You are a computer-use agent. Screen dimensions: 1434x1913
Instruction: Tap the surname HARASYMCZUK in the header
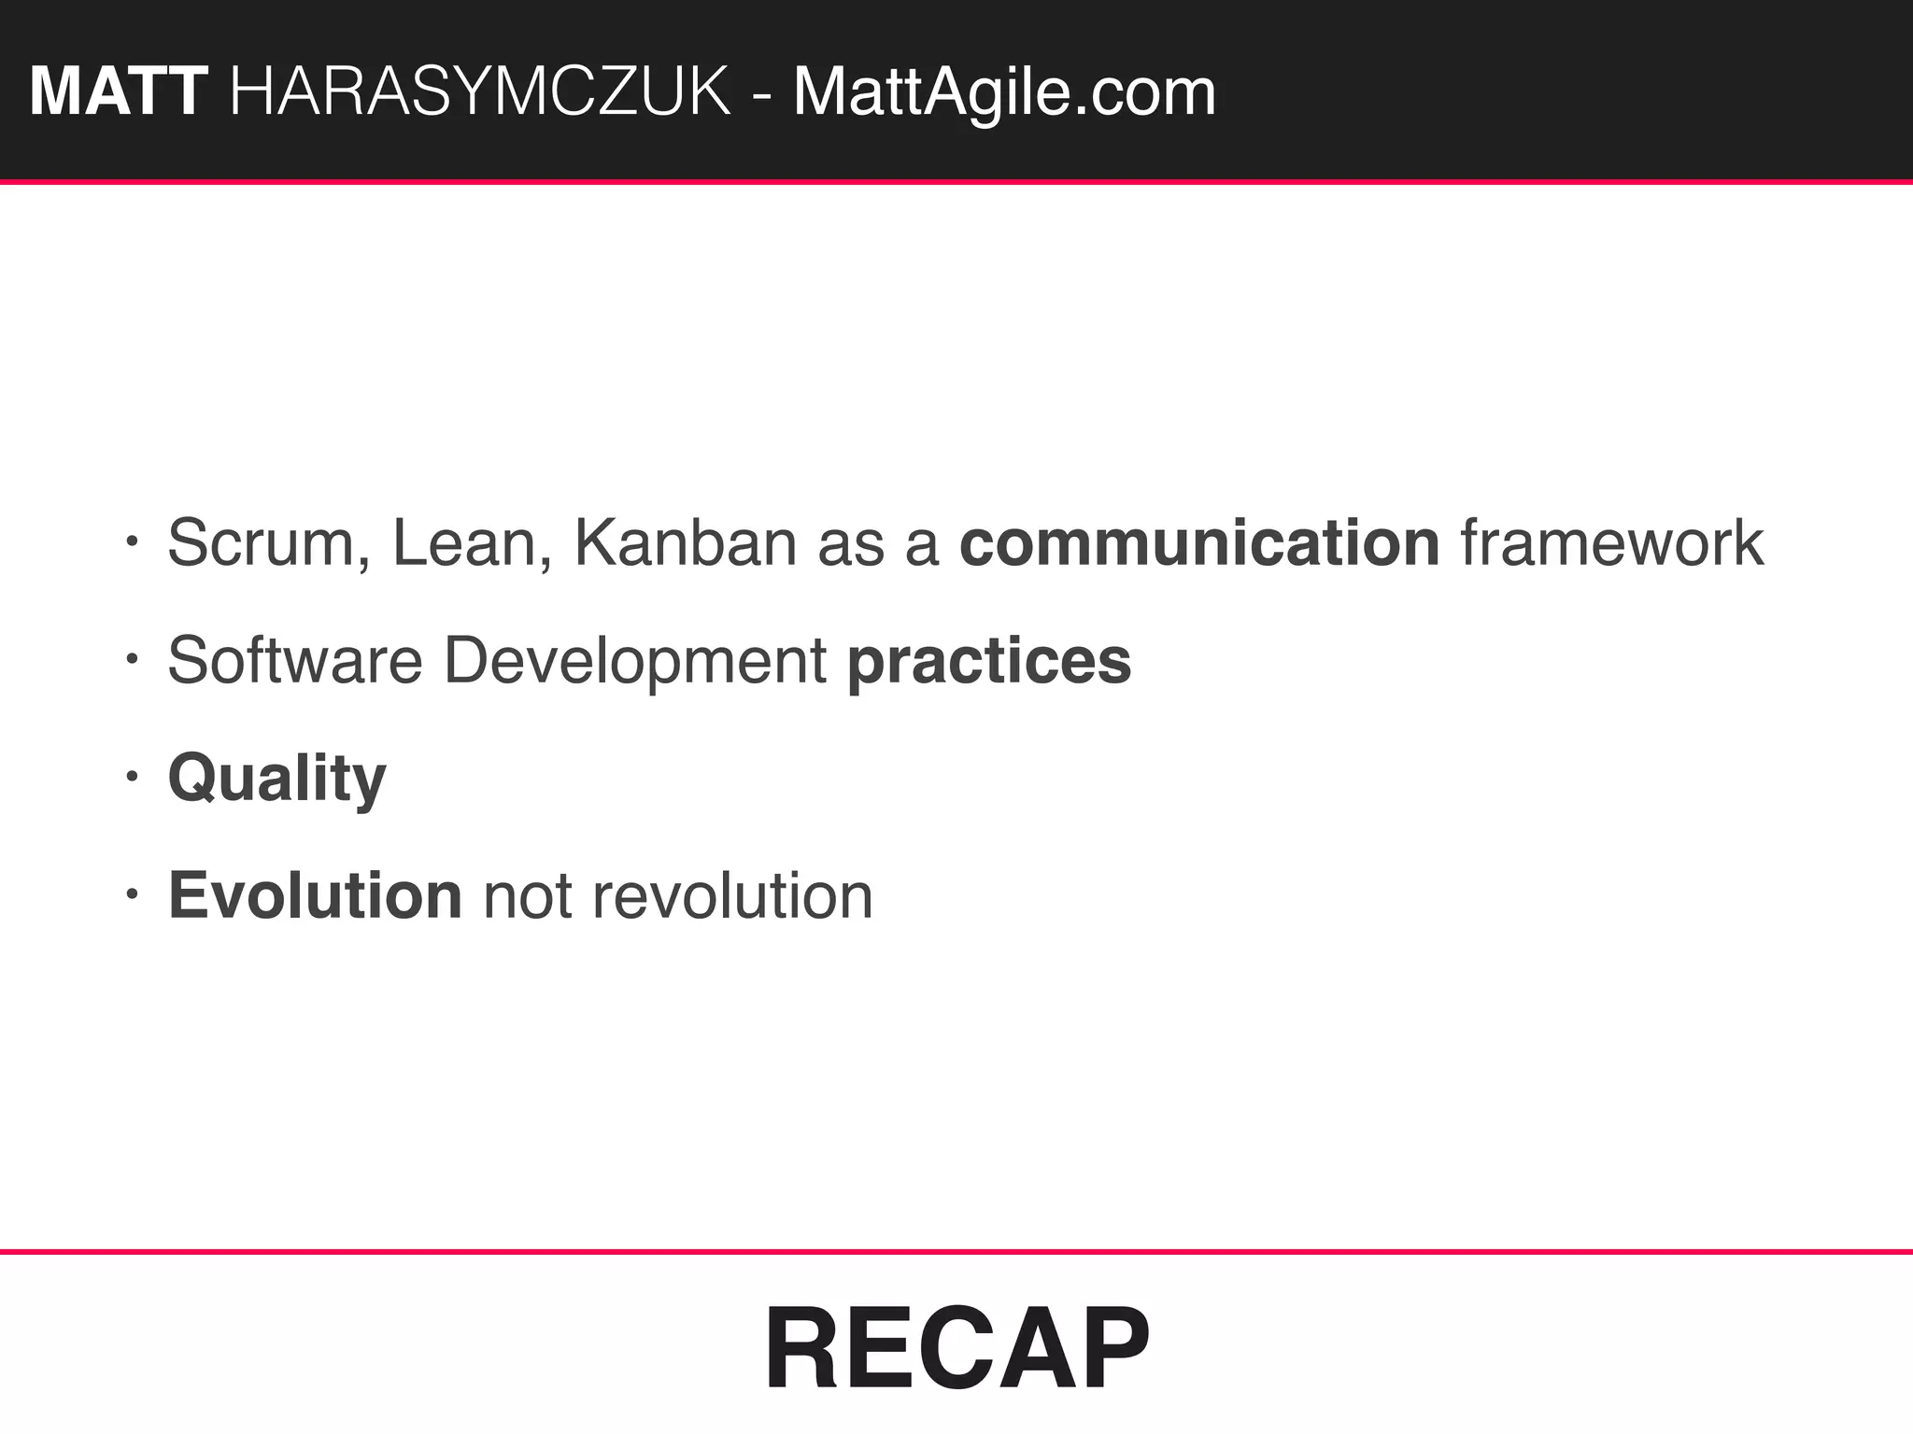(480, 92)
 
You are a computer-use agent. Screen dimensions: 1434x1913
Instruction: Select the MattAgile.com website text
(1004, 92)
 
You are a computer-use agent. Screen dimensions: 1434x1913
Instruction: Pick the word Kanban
(684, 543)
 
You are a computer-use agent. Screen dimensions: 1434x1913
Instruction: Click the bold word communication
(1199, 543)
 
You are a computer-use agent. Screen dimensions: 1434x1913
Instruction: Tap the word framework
(1612, 543)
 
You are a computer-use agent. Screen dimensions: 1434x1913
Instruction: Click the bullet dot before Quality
(132, 777)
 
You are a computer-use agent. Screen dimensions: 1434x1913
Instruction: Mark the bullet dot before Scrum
(132, 541)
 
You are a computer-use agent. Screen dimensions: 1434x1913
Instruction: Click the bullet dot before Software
(132, 659)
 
